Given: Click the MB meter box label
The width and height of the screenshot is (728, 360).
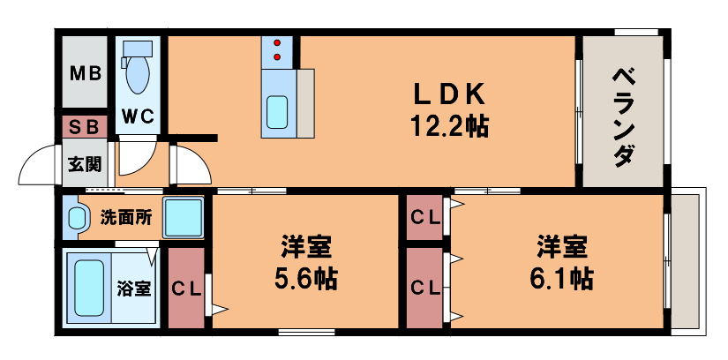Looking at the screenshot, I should click(x=85, y=73).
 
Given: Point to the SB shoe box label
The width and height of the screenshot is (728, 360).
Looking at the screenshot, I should click(x=85, y=126).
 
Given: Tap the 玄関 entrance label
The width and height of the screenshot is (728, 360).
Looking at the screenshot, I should click(x=85, y=163).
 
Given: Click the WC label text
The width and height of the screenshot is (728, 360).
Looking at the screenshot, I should click(x=139, y=116).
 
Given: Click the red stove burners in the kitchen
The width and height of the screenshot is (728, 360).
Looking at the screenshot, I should click(x=278, y=49).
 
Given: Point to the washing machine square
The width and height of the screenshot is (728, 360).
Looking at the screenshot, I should click(x=184, y=217).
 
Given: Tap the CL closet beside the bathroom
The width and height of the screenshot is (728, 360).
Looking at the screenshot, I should click(x=186, y=289).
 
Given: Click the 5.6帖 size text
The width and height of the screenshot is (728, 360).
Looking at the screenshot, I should click(x=307, y=280).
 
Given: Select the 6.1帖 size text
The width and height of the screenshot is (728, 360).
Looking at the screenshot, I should click(x=561, y=279).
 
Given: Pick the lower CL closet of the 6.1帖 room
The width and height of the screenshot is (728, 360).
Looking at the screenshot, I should click(x=424, y=287).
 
